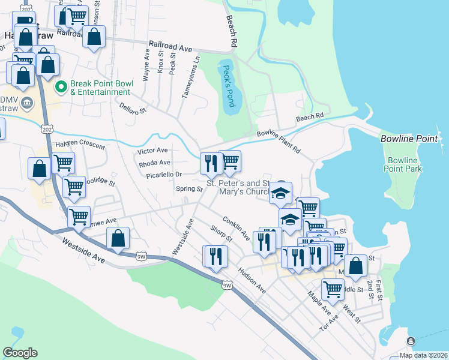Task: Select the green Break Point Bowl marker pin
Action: coord(61,88)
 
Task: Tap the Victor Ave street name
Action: coord(154,150)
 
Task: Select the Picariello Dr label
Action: coord(163,175)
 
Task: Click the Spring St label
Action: coord(189,189)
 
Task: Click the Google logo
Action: coord(20,353)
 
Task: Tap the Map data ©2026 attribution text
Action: coord(424,355)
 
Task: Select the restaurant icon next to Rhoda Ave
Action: coord(211,163)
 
